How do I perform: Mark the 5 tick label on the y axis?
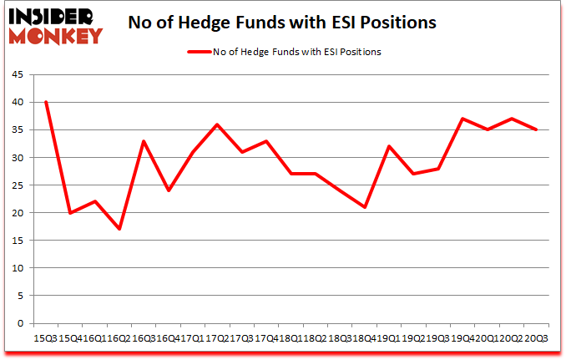[18, 296]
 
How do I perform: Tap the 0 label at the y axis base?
[18, 323]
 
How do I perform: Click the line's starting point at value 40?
[45, 102]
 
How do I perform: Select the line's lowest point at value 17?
[119, 229]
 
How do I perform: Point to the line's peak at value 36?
[217, 124]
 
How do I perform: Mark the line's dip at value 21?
[364, 207]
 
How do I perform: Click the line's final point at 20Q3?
[535, 129]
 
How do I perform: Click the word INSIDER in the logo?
[52, 17]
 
